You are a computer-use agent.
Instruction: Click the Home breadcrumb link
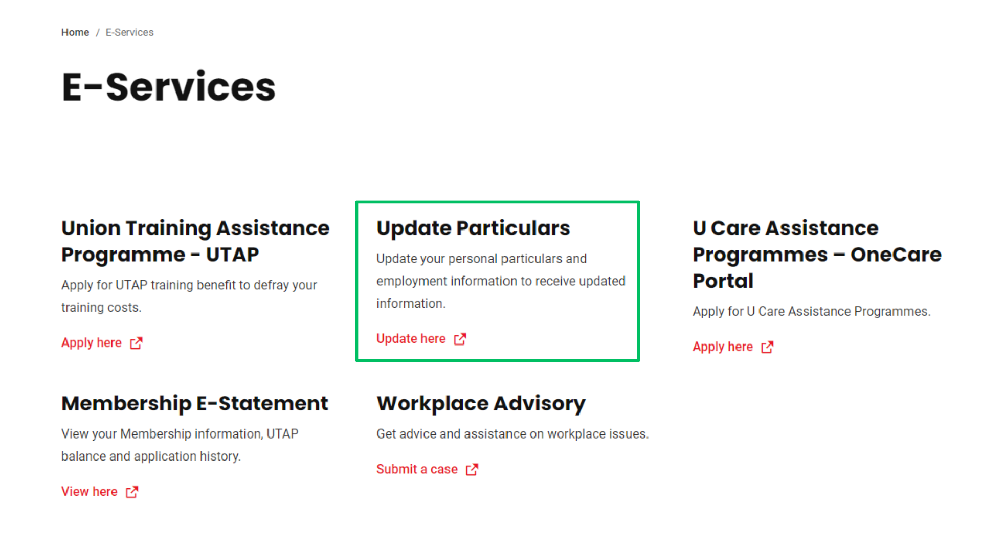75,32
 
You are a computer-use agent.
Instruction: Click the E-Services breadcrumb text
129,32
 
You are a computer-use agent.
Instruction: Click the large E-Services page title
169,87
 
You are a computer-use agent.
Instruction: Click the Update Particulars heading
473,228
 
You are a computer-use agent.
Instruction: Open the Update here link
411,339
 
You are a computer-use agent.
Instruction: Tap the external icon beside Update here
460,339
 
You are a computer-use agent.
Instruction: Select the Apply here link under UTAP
92,343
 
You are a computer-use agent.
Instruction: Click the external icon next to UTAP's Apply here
136,343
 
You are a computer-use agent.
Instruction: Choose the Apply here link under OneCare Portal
723,347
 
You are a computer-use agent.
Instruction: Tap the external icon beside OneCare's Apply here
767,347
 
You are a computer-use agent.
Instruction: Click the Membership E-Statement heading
195,403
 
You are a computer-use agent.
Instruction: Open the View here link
90,492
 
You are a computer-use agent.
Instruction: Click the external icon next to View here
132,492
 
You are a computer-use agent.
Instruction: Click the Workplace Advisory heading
481,403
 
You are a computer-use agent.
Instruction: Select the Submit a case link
417,469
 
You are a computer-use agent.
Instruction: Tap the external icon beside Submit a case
472,469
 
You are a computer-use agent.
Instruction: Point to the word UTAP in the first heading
232,255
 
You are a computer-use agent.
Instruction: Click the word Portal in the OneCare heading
723,281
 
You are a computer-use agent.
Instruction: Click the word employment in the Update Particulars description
412,281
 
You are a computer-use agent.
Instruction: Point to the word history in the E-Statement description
220,456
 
